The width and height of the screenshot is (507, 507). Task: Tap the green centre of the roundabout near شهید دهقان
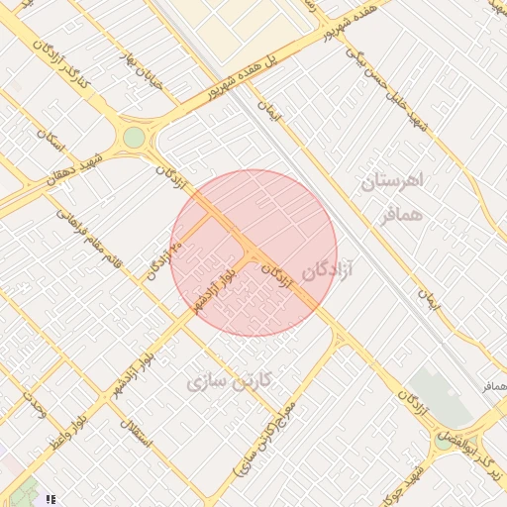click(133, 137)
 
